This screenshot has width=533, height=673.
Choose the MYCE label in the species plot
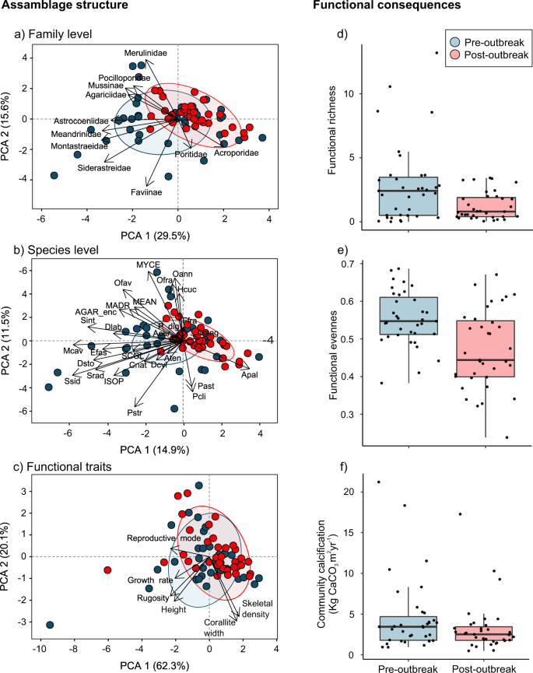click(148, 264)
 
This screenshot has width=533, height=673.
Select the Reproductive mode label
click(164, 538)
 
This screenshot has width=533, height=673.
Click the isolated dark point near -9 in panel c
click(51, 625)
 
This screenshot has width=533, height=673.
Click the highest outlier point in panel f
click(378, 482)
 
